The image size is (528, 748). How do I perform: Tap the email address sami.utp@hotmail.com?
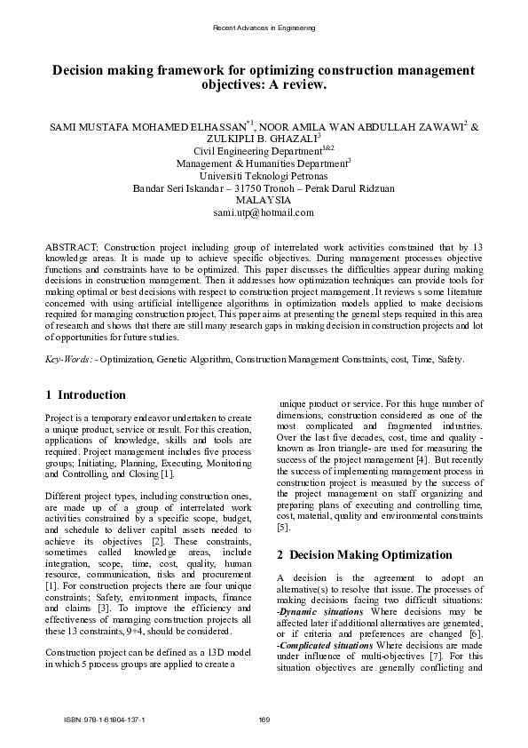coord(264,213)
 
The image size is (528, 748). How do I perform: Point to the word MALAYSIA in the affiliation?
coord(264,201)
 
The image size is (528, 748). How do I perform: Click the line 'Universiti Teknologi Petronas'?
coord(264,176)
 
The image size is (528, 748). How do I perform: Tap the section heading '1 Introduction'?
coord(85,394)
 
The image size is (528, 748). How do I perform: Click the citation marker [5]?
coord(283,527)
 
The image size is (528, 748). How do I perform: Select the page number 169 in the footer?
coord(264,719)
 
